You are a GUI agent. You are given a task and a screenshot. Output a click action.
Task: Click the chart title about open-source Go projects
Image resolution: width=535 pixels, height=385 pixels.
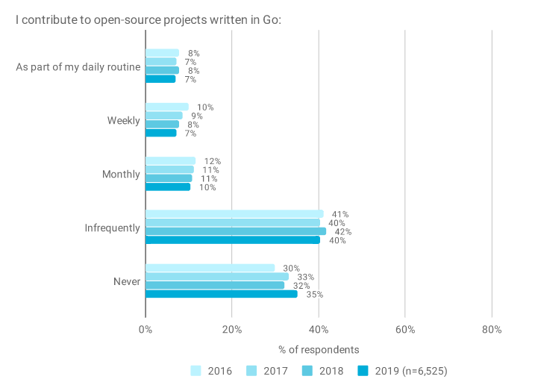pyautogui.click(x=148, y=19)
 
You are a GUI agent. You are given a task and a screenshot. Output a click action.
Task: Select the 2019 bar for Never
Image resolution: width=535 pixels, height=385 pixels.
pyautogui.click(x=221, y=294)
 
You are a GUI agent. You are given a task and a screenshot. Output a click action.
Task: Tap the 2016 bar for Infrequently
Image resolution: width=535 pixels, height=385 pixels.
pyautogui.click(x=234, y=214)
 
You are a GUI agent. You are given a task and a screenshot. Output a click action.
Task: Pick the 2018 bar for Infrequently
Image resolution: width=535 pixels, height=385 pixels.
pyautogui.click(x=235, y=231)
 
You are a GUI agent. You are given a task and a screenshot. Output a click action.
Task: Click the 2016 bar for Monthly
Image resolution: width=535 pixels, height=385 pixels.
pyautogui.click(x=170, y=161)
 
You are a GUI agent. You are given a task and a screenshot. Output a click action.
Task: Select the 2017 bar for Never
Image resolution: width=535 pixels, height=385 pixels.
pyautogui.click(x=216, y=277)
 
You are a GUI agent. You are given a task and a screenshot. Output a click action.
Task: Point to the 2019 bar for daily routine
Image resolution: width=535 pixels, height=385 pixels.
pyautogui.click(x=160, y=79)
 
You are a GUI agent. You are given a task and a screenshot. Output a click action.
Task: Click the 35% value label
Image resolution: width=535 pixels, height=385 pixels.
pyautogui.click(x=314, y=295)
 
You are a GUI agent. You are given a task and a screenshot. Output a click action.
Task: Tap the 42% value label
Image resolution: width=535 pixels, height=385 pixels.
pyautogui.click(x=342, y=232)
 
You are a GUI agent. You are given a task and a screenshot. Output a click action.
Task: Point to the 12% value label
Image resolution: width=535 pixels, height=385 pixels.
pyautogui.click(x=212, y=161)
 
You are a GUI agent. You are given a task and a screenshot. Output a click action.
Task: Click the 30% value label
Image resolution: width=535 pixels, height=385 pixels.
pyautogui.click(x=291, y=268)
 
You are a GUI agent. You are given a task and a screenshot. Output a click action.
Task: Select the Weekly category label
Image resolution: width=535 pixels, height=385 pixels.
pyautogui.click(x=123, y=120)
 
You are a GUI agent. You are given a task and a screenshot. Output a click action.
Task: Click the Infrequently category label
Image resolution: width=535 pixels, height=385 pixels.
pyautogui.click(x=112, y=228)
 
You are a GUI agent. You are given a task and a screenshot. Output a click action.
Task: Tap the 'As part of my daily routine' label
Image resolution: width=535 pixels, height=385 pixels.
pyautogui.click(x=78, y=67)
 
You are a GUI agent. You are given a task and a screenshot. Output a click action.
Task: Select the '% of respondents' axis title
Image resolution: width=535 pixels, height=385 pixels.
pyautogui.click(x=319, y=349)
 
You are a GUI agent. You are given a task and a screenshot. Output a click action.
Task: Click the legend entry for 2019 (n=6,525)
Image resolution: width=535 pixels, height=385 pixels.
pyautogui.click(x=404, y=370)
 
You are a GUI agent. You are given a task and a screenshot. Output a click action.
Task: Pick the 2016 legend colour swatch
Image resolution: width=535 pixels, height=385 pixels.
pyautogui.click(x=196, y=370)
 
